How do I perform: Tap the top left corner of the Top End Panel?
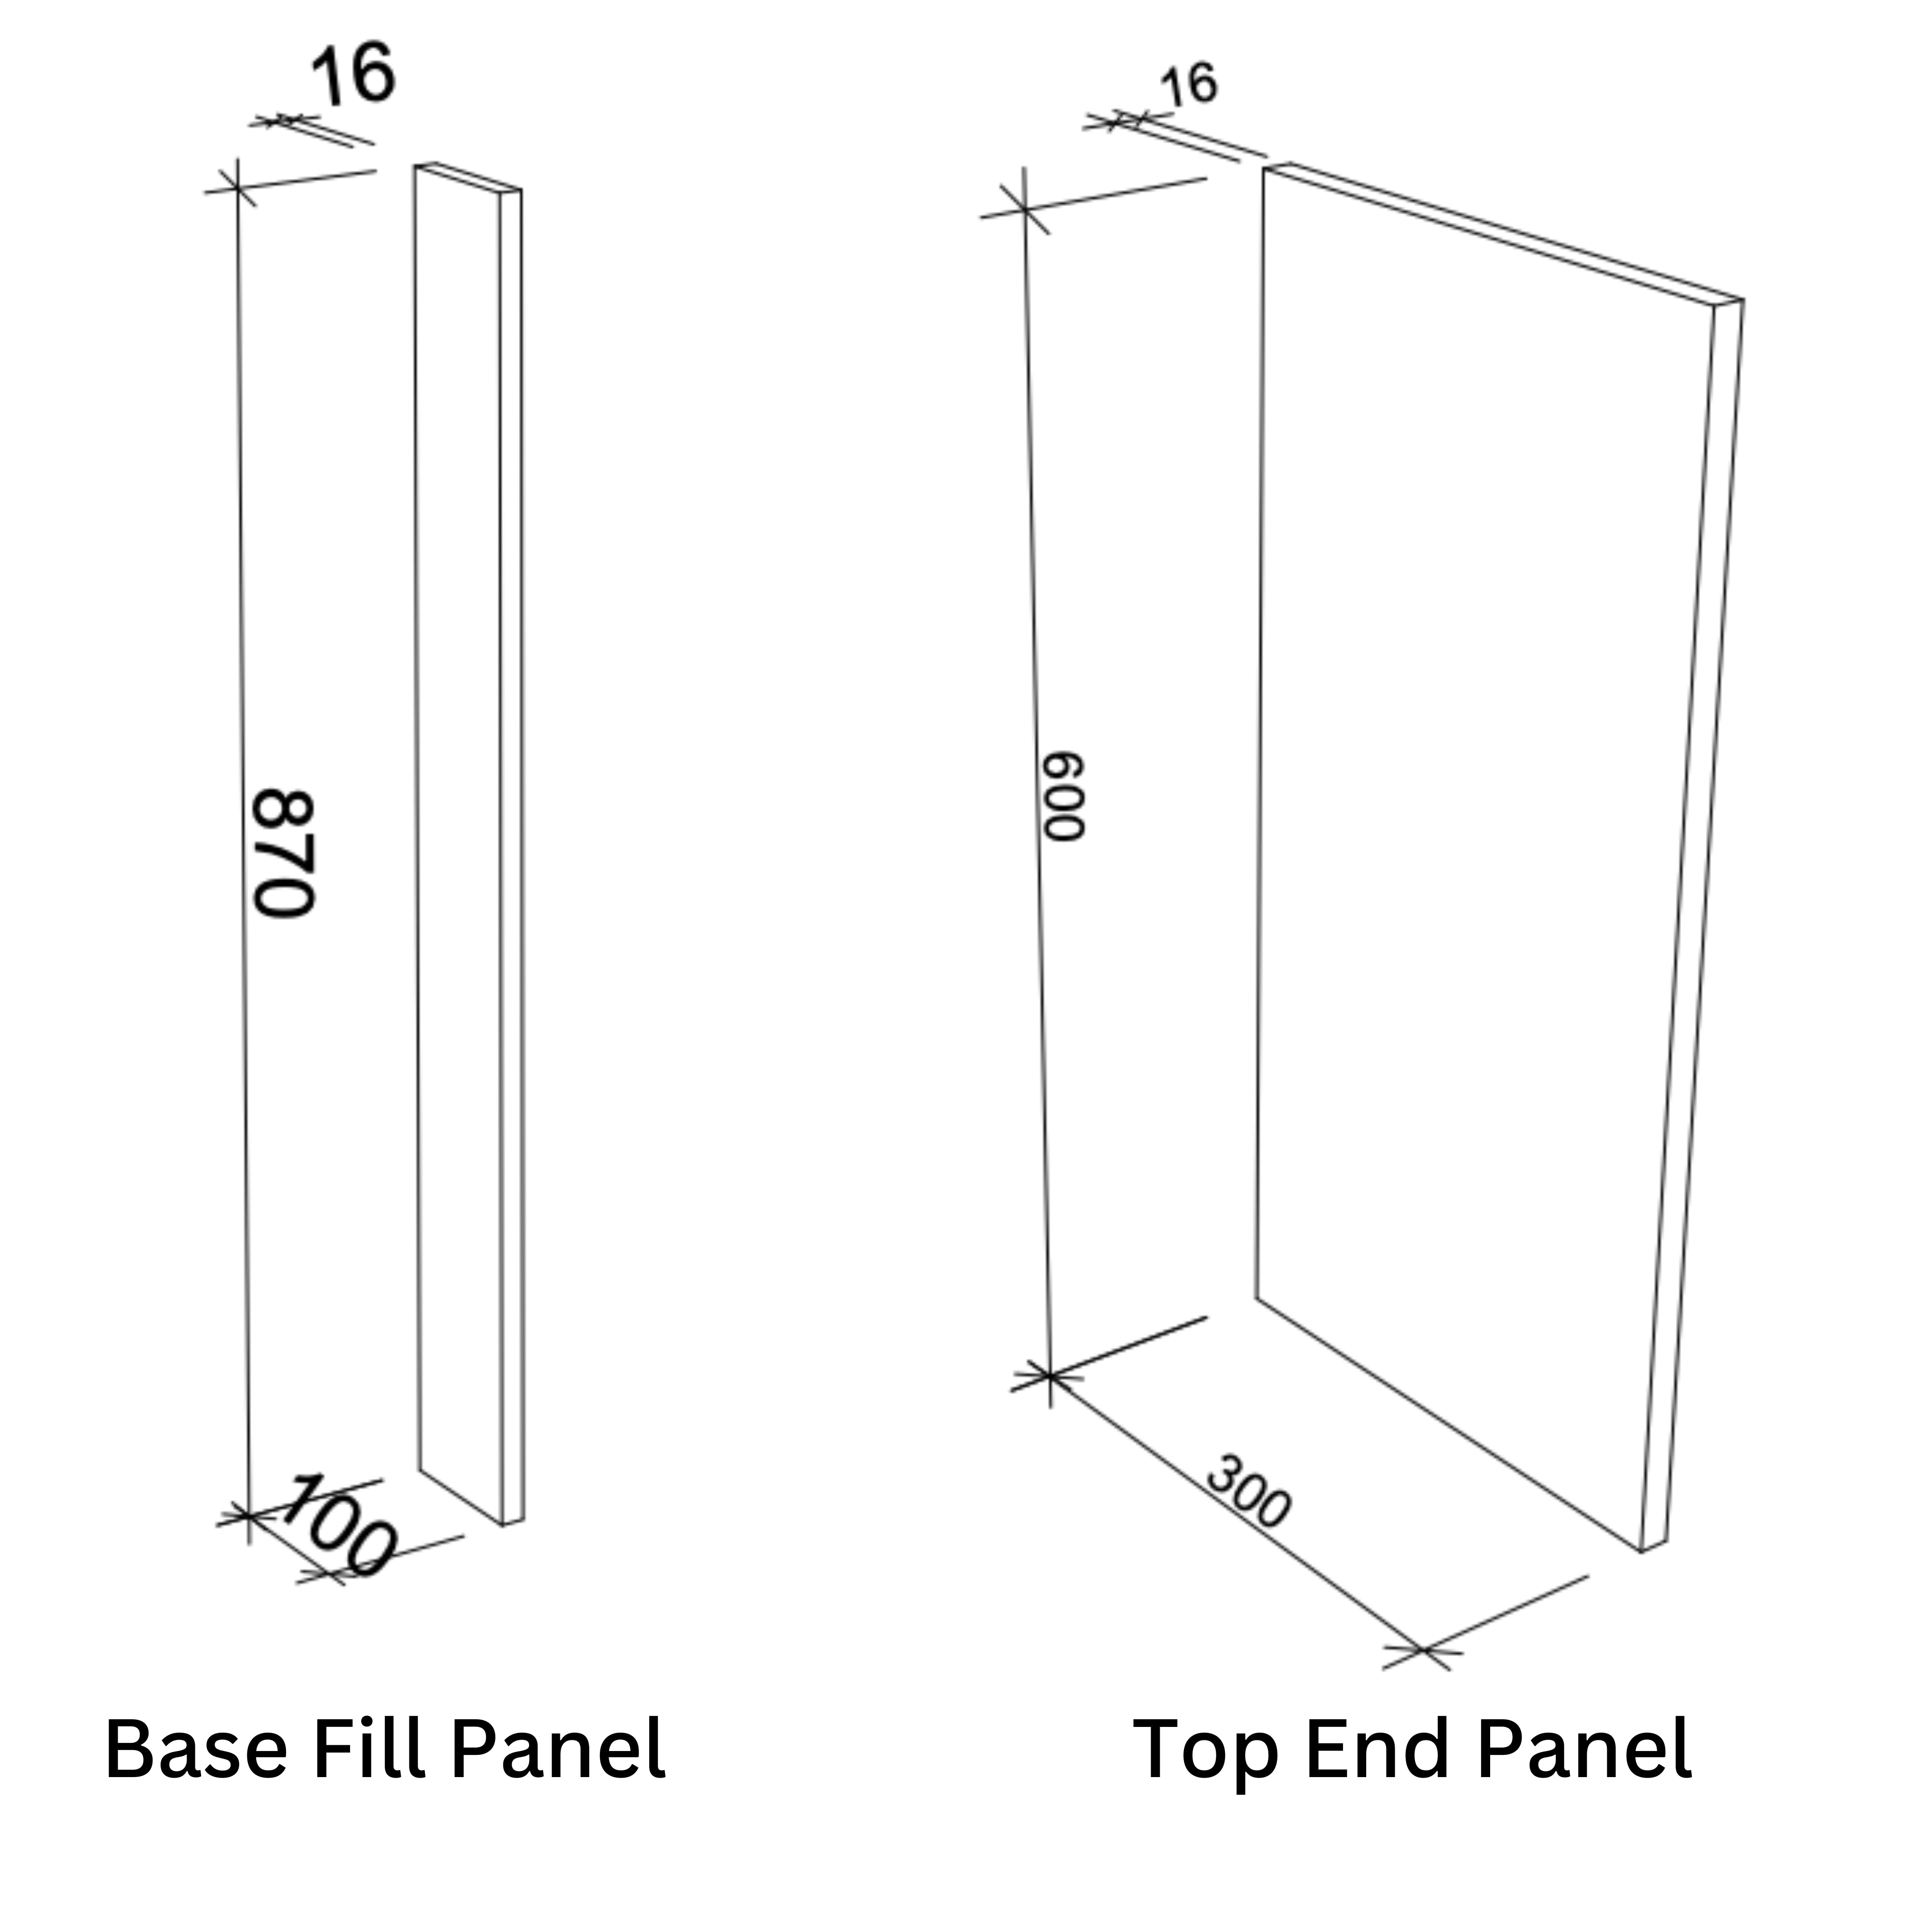(x=1265, y=168)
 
